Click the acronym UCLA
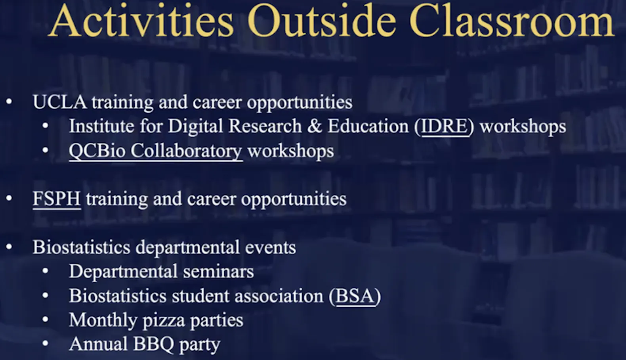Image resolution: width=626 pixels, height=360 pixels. click(x=60, y=102)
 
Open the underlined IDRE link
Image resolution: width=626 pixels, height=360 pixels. click(x=444, y=126)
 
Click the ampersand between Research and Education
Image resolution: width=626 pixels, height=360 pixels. click(x=315, y=126)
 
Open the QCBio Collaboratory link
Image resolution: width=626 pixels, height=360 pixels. click(x=156, y=151)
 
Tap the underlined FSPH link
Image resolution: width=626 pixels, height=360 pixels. click(x=57, y=199)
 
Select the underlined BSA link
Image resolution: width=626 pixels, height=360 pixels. click(x=355, y=296)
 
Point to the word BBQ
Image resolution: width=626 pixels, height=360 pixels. click(x=154, y=344)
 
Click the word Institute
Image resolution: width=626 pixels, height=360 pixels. click(x=101, y=126)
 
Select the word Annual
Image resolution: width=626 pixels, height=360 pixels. click(x=98, y=344)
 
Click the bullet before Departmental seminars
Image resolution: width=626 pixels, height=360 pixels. click(x=45, y=271)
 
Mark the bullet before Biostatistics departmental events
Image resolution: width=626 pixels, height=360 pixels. click(x=9, y=247)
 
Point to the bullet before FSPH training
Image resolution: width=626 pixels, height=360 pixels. click(x=9, y=198)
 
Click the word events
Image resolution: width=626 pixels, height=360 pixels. click(x=270, y=248)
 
